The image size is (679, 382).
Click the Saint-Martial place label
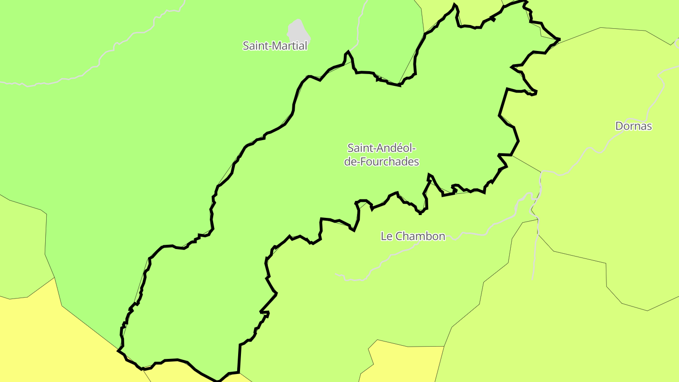click(x=275, y=46)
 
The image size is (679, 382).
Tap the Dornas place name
click(x=633, y=126)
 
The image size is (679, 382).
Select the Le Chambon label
click(x=413, y=236)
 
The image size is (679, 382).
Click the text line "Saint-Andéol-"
click(x=381, y=148)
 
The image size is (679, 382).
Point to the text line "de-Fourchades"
click(x=381, y=162)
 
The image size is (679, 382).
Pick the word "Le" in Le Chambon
click(x=386, y=236)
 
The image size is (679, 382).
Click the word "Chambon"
click(x=419, y=236)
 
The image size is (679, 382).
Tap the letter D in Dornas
click(x=619, y=126)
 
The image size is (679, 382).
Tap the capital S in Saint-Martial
click(x=246, y=46)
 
